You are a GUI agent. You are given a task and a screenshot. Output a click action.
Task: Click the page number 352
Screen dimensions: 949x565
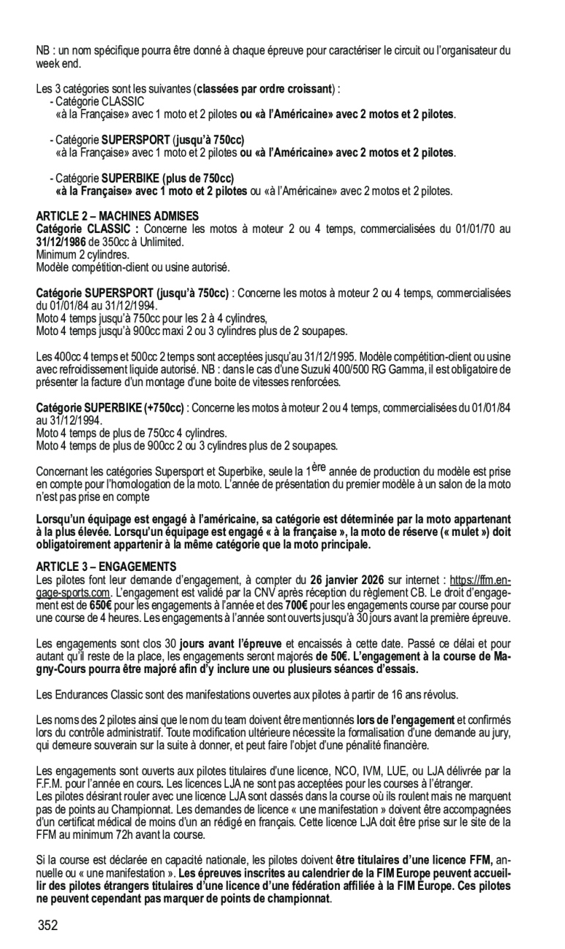click(x=48, y=926)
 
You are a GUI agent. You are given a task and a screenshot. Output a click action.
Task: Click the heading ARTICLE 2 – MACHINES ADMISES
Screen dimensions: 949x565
click(x=117, y=216)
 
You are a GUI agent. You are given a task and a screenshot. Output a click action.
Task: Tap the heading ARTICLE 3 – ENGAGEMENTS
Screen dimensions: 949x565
click(x=107, y=566)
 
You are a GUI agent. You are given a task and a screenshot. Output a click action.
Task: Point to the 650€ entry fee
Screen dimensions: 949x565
click(x=101, y=605)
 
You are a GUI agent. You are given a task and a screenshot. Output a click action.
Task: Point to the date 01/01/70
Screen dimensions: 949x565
click(x=459, y=229)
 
